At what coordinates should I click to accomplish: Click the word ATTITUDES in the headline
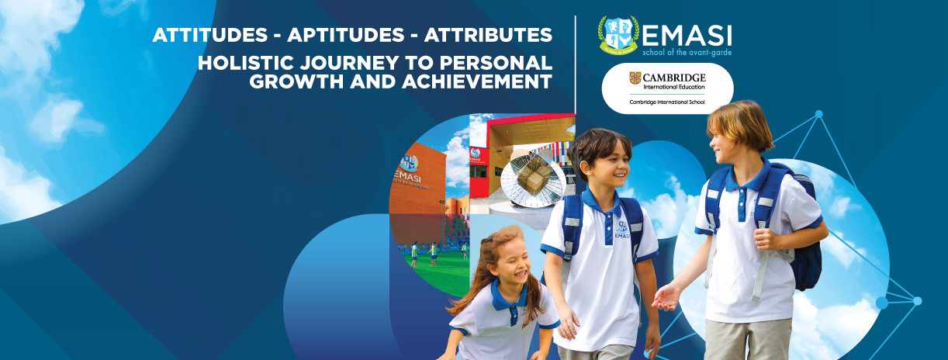pyautogui.click(x=210, y=35)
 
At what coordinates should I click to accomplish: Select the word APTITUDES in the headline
pyautogui.click(x=346, y=35)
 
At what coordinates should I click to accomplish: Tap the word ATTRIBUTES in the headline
pyautogui.click(x=488, y=35)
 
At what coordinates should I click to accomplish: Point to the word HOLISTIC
pyautogui.click(x=245, y=63)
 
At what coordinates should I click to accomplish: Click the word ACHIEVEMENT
pyautogui.click(x=477, y=81)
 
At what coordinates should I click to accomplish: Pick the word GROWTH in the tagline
pyautogui.click(x=296, y=81)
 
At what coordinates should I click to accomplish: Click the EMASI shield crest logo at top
pyautogui.click(x=618, y=35)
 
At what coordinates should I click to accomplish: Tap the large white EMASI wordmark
pyautogui.click(x=687, y=36)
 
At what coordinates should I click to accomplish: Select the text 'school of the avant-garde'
pyautogui.click(x=687, y=53)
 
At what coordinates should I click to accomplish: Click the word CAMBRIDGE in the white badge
pyautogui.click(x=674, y=78)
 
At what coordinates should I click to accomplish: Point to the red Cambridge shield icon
pyautogui.click(x=635, y=78)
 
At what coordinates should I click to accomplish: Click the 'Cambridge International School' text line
pyautogui.click(x=667, y=102)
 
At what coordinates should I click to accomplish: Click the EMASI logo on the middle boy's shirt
pyautogui.click(x=622, y=230)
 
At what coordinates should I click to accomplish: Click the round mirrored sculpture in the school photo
pyautogui.click(x=533, y=181)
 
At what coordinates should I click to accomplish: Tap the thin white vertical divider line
pyautogui.click(x=575, y=64)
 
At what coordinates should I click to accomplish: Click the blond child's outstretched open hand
pyautogui.click(x=667, y=297)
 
